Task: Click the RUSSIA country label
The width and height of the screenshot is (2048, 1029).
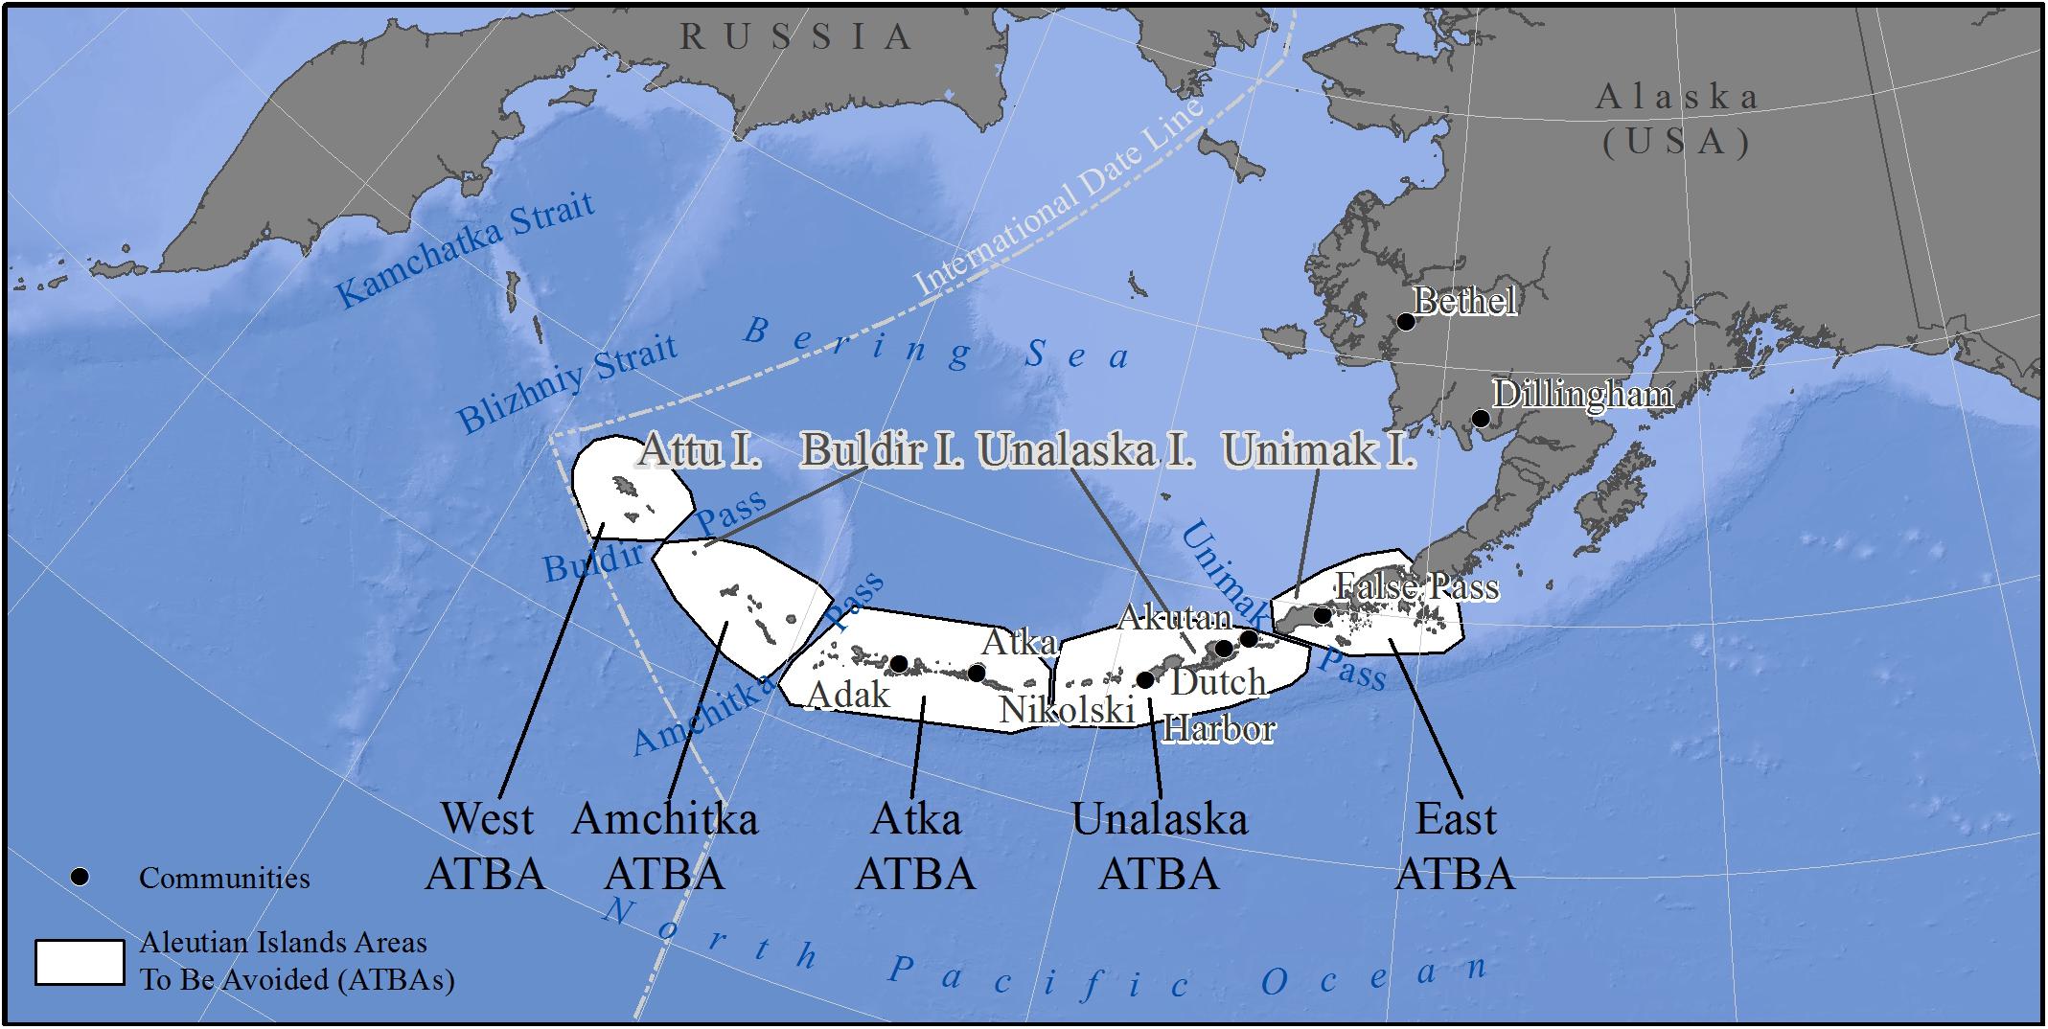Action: [x=795, y=37]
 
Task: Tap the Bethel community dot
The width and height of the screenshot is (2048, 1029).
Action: [x=1406, y=322]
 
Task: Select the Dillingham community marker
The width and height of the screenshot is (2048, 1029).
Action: [x=1481, y=419]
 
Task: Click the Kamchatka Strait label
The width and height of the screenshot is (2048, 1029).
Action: [x=466, y=249]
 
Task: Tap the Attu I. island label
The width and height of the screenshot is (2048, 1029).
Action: [x=700, y=449]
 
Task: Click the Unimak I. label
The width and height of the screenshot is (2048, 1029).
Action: [x=1319, y=449]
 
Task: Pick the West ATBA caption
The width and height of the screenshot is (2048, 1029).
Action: [x=486, y=846]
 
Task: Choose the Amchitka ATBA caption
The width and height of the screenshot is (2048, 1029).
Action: [x=665, y=846]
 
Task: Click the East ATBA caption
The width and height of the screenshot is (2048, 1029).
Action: [x=1455, y=846]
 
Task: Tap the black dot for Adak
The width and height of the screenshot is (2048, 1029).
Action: [x=899, y=663]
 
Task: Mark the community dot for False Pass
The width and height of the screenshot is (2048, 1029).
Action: [x=1322, y=615]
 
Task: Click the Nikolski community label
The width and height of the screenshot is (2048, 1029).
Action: [x=1067, y=710]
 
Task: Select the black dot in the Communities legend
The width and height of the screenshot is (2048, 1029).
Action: [x=81, y=878]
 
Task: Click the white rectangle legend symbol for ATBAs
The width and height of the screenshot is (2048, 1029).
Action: [x=80, y=962]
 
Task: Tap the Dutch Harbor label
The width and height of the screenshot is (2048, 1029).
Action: [x=1218, y=705]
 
